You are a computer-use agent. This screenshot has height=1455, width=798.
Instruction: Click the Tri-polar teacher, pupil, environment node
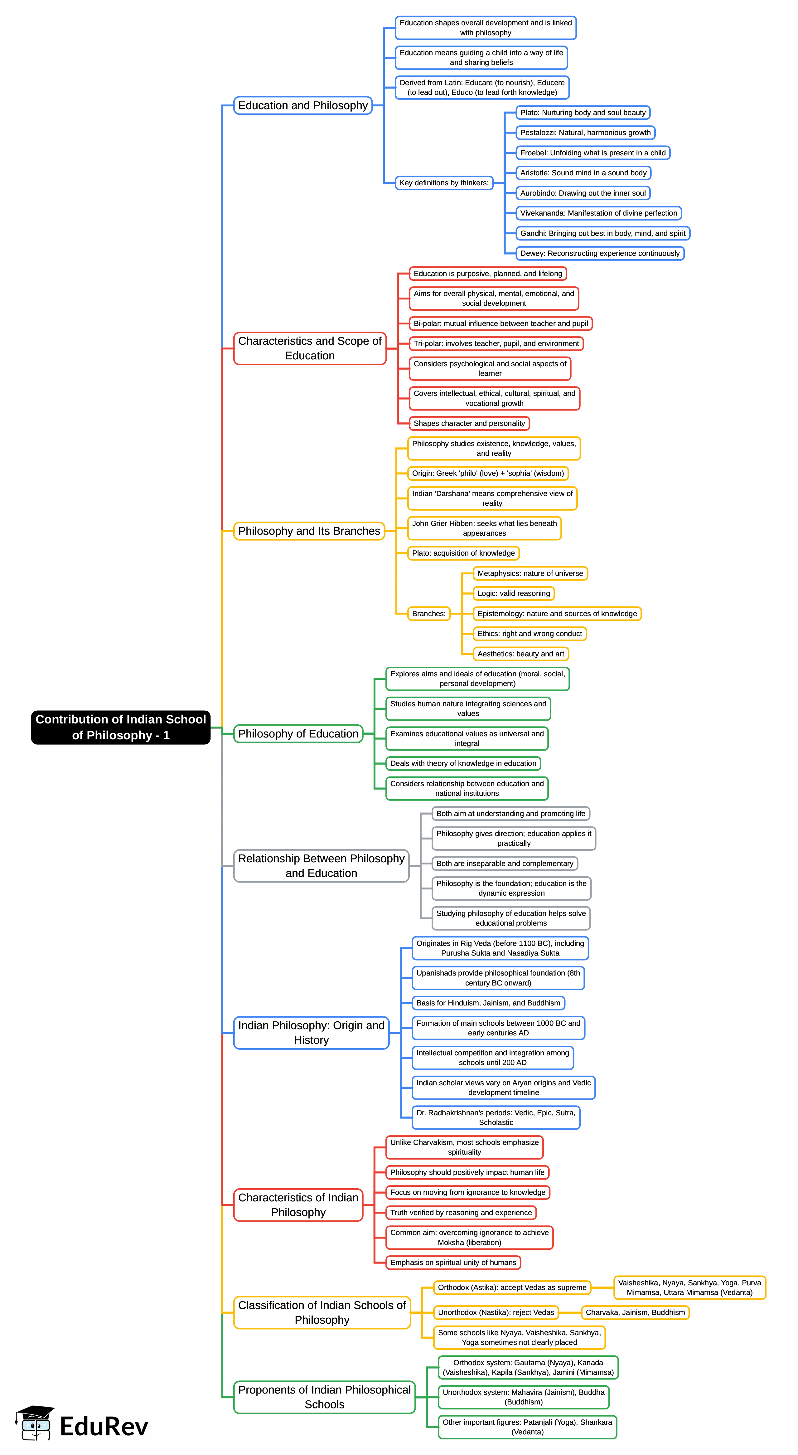click(496, 343)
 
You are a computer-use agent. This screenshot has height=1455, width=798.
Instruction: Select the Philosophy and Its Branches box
click(309, 531)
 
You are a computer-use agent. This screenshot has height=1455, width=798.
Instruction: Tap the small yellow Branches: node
click(429, 613)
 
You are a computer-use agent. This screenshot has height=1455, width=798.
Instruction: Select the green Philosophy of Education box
click(298, 734)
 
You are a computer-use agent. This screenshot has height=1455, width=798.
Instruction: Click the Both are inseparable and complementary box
click(504, 864)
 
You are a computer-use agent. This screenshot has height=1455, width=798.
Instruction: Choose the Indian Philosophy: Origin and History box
click(311, 1033)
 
